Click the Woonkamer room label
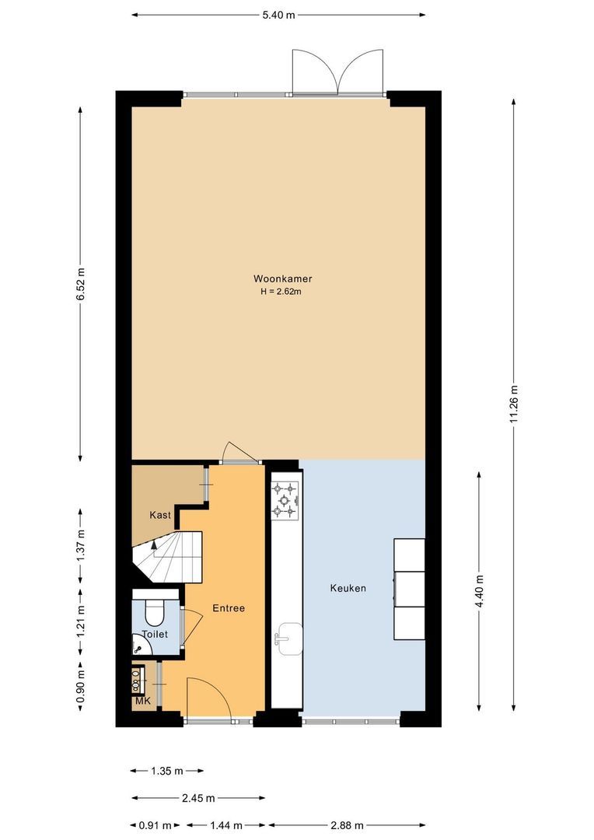(x=278, y=278)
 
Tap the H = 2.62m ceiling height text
(x=278, y=292)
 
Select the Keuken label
(x=348, y=588)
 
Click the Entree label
(x=229, y=608)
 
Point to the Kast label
(x=160, y=515)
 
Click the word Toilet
(x=155, y=634)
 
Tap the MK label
(x=142, y=701)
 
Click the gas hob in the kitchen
(x=285, y=500)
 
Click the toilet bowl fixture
(x=154, y=611)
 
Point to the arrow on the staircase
(x=154, y=544)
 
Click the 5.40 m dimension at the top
(x=278, y=14)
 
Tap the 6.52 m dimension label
(x=81, y=284)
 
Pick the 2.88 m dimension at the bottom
(x=347, y=824)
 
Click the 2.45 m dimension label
(x=198, y=798)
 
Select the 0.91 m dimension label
(x=155, y=824)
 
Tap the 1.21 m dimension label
(x=81, y=622)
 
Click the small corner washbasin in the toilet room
(x=137, y=648)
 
